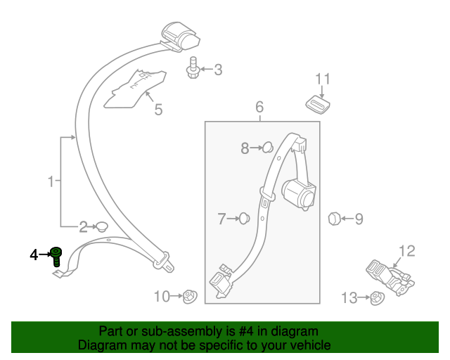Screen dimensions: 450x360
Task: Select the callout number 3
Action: coord(218,70)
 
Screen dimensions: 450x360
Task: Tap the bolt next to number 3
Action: coord(192,70)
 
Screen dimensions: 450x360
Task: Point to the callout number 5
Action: coord(158,109)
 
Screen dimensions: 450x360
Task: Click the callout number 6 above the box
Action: coord(259,108)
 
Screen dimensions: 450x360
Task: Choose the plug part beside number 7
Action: coord(245,219)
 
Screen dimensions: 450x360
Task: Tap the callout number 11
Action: coord(322,79)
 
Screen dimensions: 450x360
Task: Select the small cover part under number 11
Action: coord(319,104)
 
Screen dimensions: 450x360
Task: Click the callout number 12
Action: coord(407,251)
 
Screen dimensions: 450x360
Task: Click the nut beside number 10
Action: coord(188,297)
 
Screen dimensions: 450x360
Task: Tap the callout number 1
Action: coord(51,183)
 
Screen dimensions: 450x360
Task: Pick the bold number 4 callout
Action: coord(33,255)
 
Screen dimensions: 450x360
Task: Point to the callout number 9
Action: coord(359,219)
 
